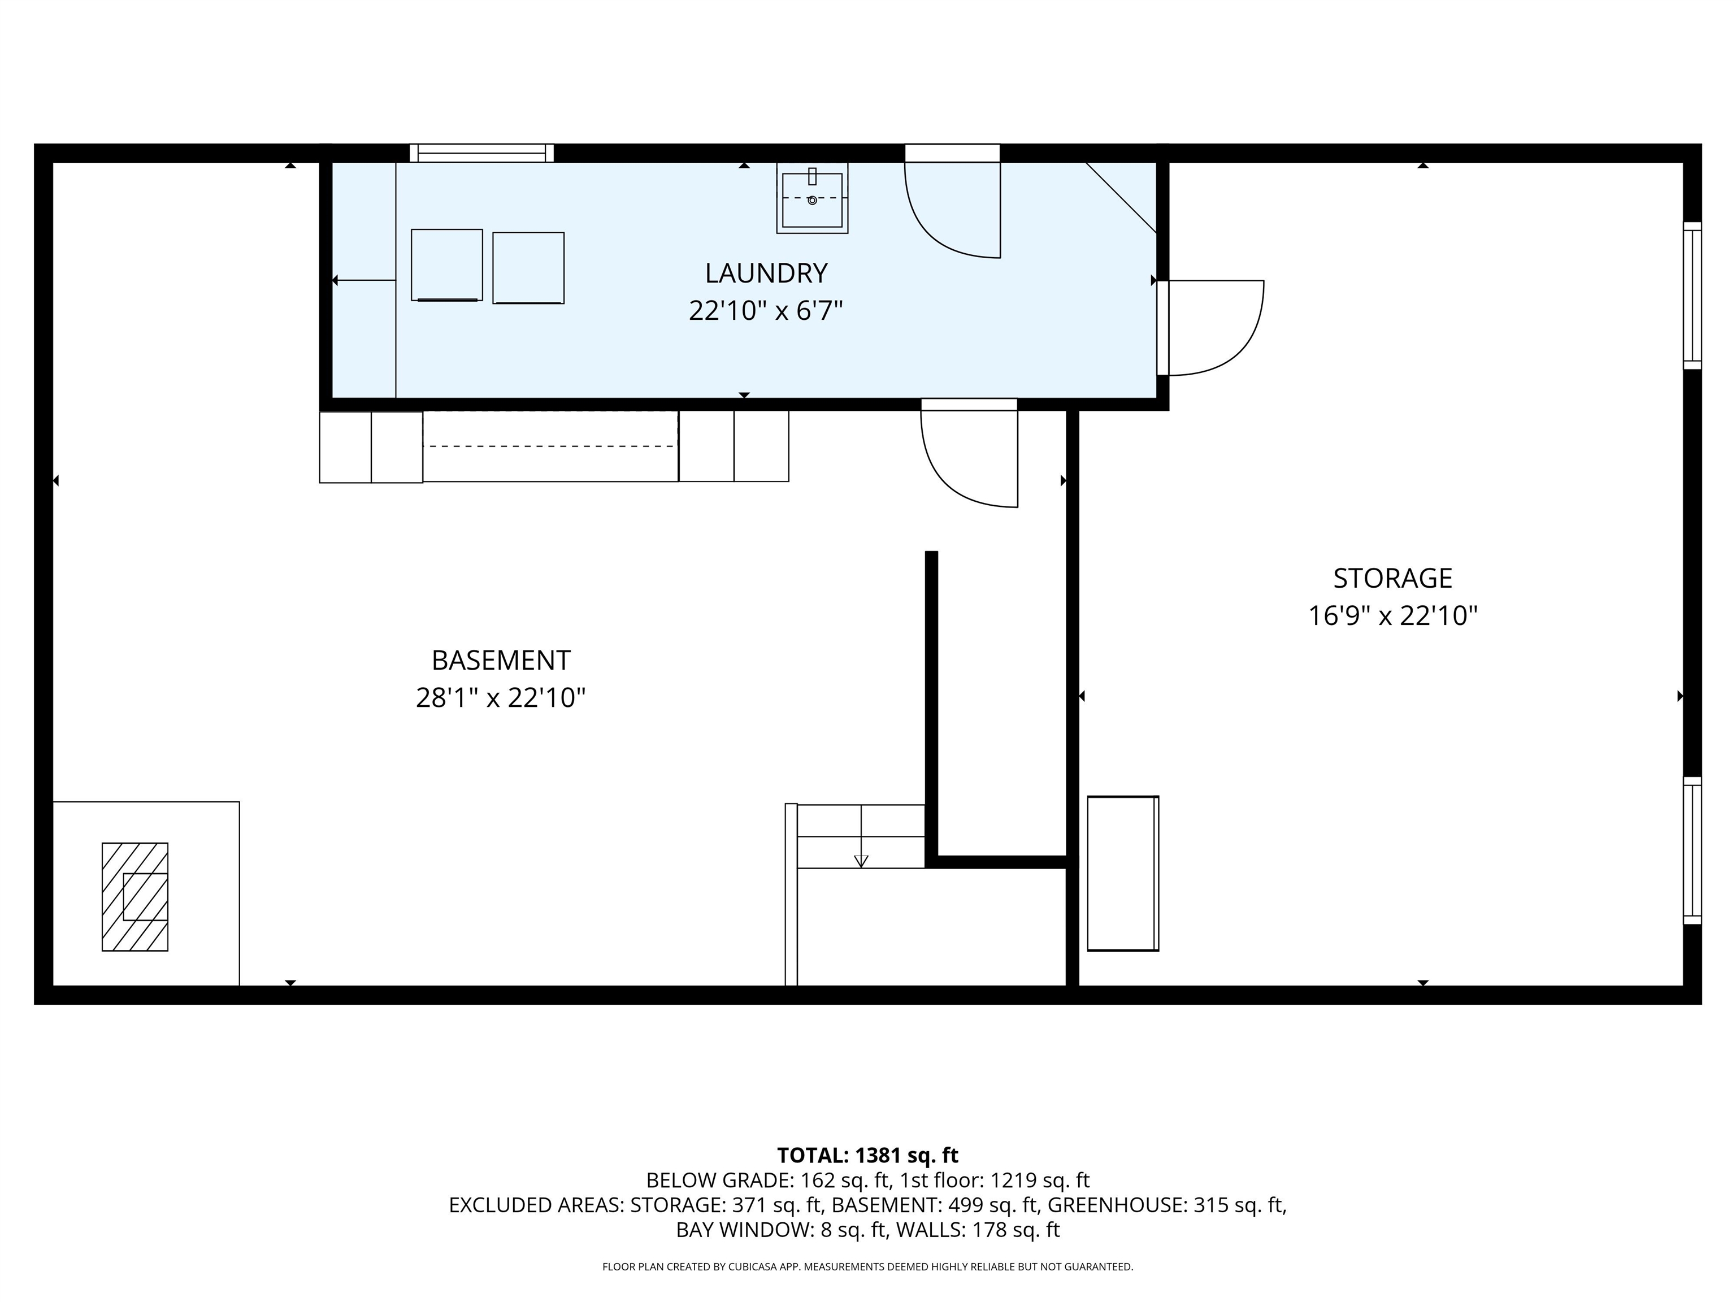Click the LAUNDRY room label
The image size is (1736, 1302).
(x=766, y=273)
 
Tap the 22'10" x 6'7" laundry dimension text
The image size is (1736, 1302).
(x=766, y=311)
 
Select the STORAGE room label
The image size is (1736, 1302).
(x=1392, y=579)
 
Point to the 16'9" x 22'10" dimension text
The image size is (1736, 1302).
(x=1392, y=616)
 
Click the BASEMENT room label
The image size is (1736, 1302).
(x=501, y=661)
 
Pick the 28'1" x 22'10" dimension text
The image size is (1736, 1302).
(x=501, y=698)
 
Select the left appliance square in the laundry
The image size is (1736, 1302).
(x=446, y=265)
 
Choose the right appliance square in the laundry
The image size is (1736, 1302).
(x=528, y=268)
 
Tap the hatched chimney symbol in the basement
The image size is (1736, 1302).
(x=135, y=897)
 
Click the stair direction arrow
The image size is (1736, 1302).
(x=861, y=860)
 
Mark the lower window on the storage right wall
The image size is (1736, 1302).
(x=1692, y=850)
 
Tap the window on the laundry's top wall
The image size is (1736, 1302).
(x=482, y=153)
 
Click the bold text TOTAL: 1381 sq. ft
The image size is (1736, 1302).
(x=867, y=1155)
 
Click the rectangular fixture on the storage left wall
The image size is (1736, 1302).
(x=1122, y=874)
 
